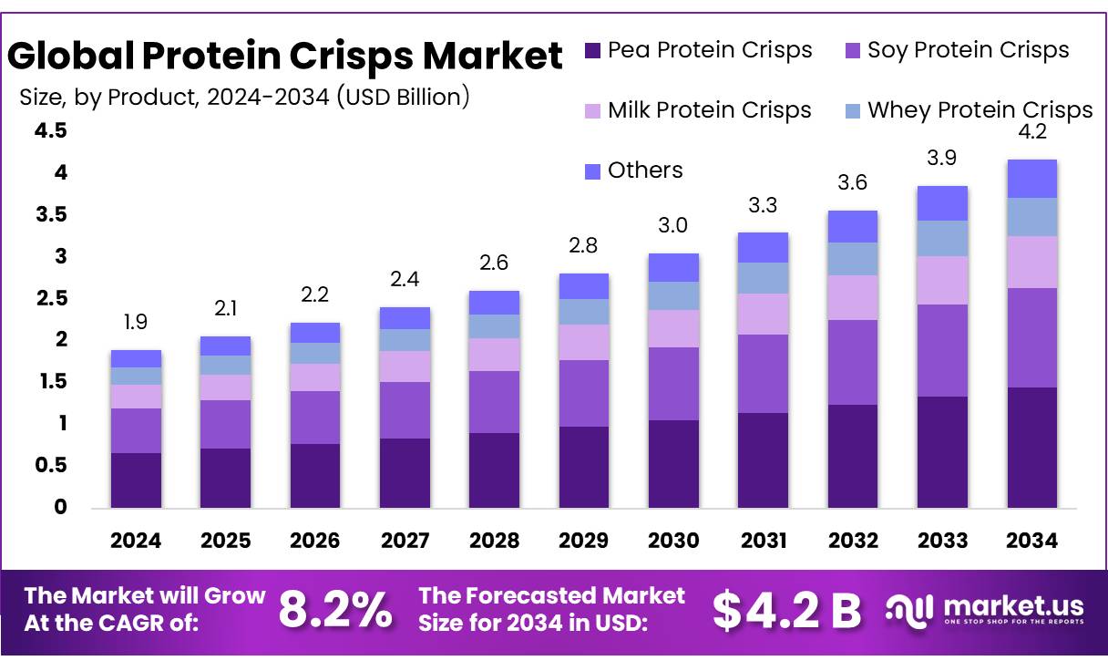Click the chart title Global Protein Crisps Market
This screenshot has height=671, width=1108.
(284, 57)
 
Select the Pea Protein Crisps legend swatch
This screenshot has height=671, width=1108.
(592, 50)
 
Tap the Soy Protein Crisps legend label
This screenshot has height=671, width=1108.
(968, 50)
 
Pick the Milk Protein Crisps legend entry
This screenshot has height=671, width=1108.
(698, 110)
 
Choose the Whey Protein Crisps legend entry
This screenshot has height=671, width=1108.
(968, 110)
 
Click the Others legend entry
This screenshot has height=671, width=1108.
(633, 170)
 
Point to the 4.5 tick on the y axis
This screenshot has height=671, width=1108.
(51, 131)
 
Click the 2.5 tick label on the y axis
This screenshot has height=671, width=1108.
(51, 299)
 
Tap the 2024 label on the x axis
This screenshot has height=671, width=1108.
(136, 541)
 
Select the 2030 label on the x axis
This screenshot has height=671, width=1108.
(673, 541)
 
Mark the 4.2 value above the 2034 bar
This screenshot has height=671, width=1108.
(1032, 132)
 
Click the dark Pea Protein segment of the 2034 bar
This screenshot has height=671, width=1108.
(1031, 447)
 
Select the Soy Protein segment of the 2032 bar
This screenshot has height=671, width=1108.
(852, 362)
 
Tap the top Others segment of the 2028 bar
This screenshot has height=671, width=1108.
(494, 303)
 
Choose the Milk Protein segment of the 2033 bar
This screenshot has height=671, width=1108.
(942, 280)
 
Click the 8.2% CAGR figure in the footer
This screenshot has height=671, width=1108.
(335, 609)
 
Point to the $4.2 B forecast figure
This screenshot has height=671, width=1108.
(785, 609)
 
